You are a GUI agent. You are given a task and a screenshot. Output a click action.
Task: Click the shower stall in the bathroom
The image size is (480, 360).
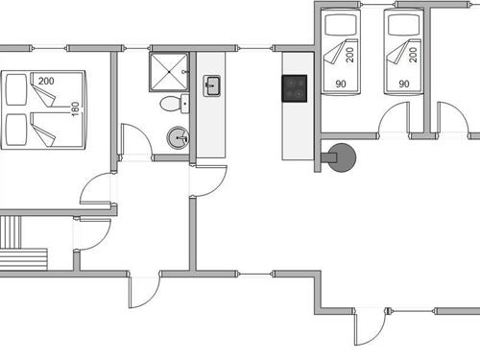pos(169,70)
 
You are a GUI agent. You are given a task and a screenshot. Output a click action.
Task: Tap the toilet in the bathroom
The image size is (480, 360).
pos(170,104)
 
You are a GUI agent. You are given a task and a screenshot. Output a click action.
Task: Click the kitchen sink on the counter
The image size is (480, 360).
pos(212,87)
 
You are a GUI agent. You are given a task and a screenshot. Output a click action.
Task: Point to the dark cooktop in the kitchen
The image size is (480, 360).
pos(294,88)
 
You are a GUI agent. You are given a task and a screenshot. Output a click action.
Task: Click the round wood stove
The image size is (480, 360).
pos(339,156)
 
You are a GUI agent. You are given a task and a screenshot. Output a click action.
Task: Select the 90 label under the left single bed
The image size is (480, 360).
pos(339,84)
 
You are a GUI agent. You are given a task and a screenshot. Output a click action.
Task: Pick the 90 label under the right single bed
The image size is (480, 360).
pos(403,84)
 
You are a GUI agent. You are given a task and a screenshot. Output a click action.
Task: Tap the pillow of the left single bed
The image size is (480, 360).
pos(339,23)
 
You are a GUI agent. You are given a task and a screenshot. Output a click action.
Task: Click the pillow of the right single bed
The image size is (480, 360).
pos(403,23)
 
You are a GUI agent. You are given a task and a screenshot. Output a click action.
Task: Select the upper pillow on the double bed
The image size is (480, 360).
pos(16,90)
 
